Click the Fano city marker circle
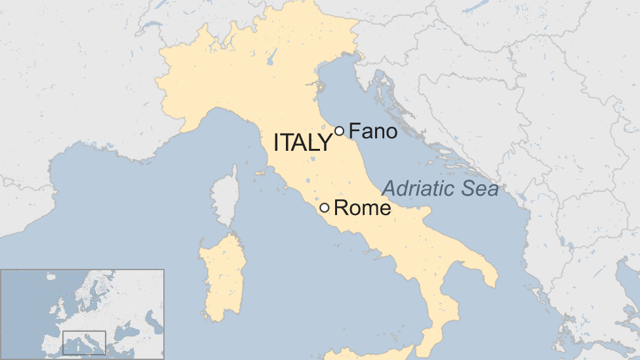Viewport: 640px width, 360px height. pyautogui.click(x=339, y=131)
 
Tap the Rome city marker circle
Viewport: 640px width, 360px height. pyautogui.click(x=325, y=208)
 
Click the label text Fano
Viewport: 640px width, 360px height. pyautogui.click(x=373, y=131)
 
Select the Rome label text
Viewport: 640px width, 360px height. pyautogui.click(x=363, y=209)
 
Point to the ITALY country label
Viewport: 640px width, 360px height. pyautogui.click(x=302, y=142)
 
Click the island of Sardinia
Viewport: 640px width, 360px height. pyautogui.click(x=224, y=275)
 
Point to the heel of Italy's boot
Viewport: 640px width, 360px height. pyautogui.click(x=489, y=272)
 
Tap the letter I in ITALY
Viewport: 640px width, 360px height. pyautogui.click(x=277, y=142)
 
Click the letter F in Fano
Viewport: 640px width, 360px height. pyautogui.click(x=354, y=131)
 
